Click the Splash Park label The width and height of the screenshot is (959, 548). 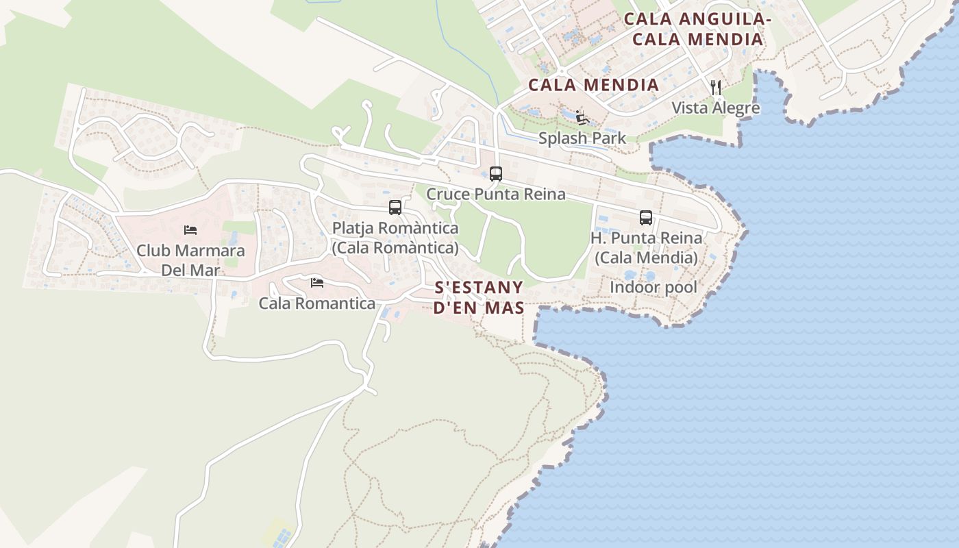coord(582,138)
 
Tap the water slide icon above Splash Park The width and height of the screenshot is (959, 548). coord(582,117)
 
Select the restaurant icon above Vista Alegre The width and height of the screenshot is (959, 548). coord(716,87)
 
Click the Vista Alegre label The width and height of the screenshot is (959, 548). coord(715,108)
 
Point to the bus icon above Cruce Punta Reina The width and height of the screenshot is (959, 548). coord(496,174)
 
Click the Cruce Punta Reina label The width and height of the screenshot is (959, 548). coord(496,195)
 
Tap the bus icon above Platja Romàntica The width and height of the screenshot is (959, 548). coord(395,208)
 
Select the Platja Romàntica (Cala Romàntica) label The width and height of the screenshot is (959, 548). coord(395,237)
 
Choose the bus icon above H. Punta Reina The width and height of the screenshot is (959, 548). coord(646,218)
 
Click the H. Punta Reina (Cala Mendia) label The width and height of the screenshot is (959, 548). coord(646,247)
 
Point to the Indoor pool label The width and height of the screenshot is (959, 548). coord(653,288)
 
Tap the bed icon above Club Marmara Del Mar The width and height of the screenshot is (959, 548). coord(190,230)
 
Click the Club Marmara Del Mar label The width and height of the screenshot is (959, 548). coord(190,260)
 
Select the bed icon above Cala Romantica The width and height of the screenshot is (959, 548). coord(316,282)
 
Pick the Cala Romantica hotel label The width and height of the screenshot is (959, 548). coord(316,303)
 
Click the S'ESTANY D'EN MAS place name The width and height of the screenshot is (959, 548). coord(479,297)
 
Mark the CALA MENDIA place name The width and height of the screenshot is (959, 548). coord(593,86)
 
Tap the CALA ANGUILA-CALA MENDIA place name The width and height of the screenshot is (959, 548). coord(697,29)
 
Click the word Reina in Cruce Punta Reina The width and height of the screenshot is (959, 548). coord(545,195)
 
